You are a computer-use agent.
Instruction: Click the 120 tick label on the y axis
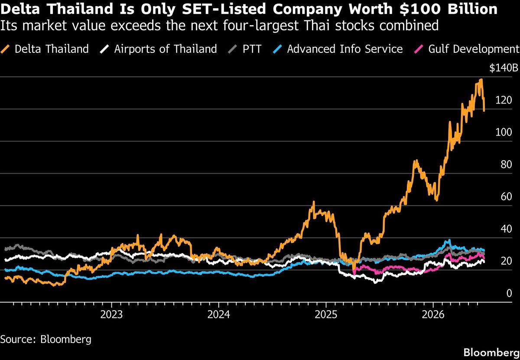click(504, 100)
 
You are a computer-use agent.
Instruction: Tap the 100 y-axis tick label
click(504, 132)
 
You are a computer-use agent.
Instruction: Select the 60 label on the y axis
click(506, 197)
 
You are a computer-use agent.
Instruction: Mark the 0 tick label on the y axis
click(509, 293)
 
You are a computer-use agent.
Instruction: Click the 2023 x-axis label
click(111, 315)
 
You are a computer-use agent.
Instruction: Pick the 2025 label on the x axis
click(326, 315)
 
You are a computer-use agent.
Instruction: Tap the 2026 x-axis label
click(433, 315)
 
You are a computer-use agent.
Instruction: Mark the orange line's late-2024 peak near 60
click(314, 202)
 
